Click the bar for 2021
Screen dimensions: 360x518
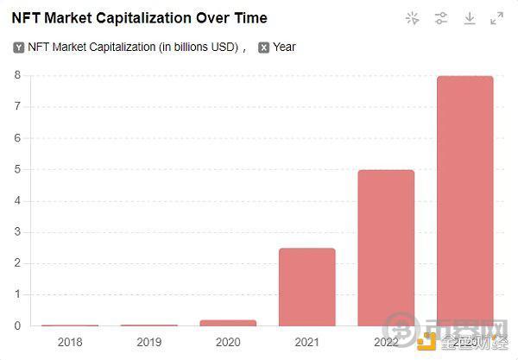click(x=306, y=287)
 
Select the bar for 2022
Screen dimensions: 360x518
click(x=386, y=248)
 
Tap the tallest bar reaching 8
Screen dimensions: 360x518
click(x=464, y=200)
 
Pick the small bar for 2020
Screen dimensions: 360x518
click(x=228, y=323)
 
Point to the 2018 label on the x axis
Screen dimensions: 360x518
click(x=70, y=342)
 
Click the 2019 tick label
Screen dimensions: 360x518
click(x=148, y=342)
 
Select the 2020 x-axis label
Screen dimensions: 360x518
click(x=228, y=342)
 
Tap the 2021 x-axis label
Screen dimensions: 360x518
click(x=306, y=342)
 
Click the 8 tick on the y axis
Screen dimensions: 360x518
click(x=16, y=75)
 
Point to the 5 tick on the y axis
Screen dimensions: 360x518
click(x=16, y=169)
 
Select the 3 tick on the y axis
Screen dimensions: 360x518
click(x=16, y=232)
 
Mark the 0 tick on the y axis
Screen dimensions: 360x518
click(x=16, y=326)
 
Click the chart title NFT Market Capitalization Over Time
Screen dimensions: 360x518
click(x=139, y=17)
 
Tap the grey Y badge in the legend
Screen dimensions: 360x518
click(x=19, y=47)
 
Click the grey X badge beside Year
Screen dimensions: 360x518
click(x=263, y=47)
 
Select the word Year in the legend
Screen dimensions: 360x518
click(x=284, y=47)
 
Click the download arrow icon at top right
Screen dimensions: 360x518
click(x=470, y=18)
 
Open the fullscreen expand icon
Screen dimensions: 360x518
click(x=497, y=18)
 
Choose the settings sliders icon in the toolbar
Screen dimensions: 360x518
click(x=441, y=18)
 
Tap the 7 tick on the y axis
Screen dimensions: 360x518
click(x=16, y=107)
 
